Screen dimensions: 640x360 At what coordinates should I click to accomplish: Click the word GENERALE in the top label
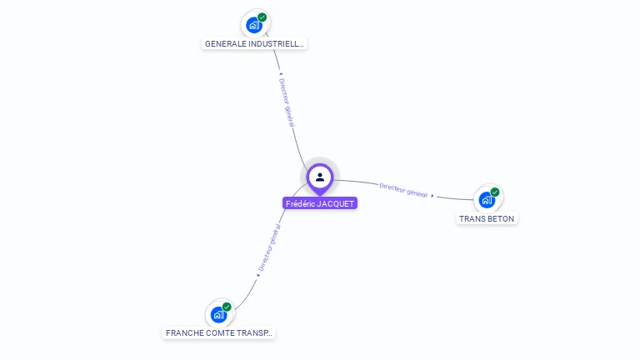pyautogui.click(x=225, y=43)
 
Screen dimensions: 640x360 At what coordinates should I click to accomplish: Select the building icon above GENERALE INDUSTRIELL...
pyautogui.click(x=253, y=25)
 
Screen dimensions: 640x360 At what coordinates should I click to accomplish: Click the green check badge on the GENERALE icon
pyautogui.click(x=262, y=17)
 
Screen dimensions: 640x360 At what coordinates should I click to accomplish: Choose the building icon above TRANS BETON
pyautogui.click(x=487, y=201)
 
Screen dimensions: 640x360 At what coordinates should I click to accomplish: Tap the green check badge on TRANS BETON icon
pyautogui.click(x=495, y=192)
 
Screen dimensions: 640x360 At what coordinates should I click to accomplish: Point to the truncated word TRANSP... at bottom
pyautogui.click(x=255, y=333)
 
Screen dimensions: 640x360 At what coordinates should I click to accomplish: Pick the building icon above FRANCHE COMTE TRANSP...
pyautogui.click(x=218, y=315)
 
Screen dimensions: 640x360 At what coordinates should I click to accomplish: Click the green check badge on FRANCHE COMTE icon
pyautogui.click(x=227, y=307)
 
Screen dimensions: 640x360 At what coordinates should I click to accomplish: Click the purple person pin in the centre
pyautogui.click(x=320, y=177)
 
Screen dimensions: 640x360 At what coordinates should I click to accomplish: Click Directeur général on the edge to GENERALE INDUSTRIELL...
pyautogui.click(x=287, y=104)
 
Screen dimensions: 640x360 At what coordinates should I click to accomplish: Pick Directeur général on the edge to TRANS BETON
pyautogui.click(x=403, y=190)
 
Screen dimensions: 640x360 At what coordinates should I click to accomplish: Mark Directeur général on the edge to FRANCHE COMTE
pyautogui.click(x=268, y=248)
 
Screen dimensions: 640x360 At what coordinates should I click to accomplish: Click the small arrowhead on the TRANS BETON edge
pyautogui.click(x=432, y=196)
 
